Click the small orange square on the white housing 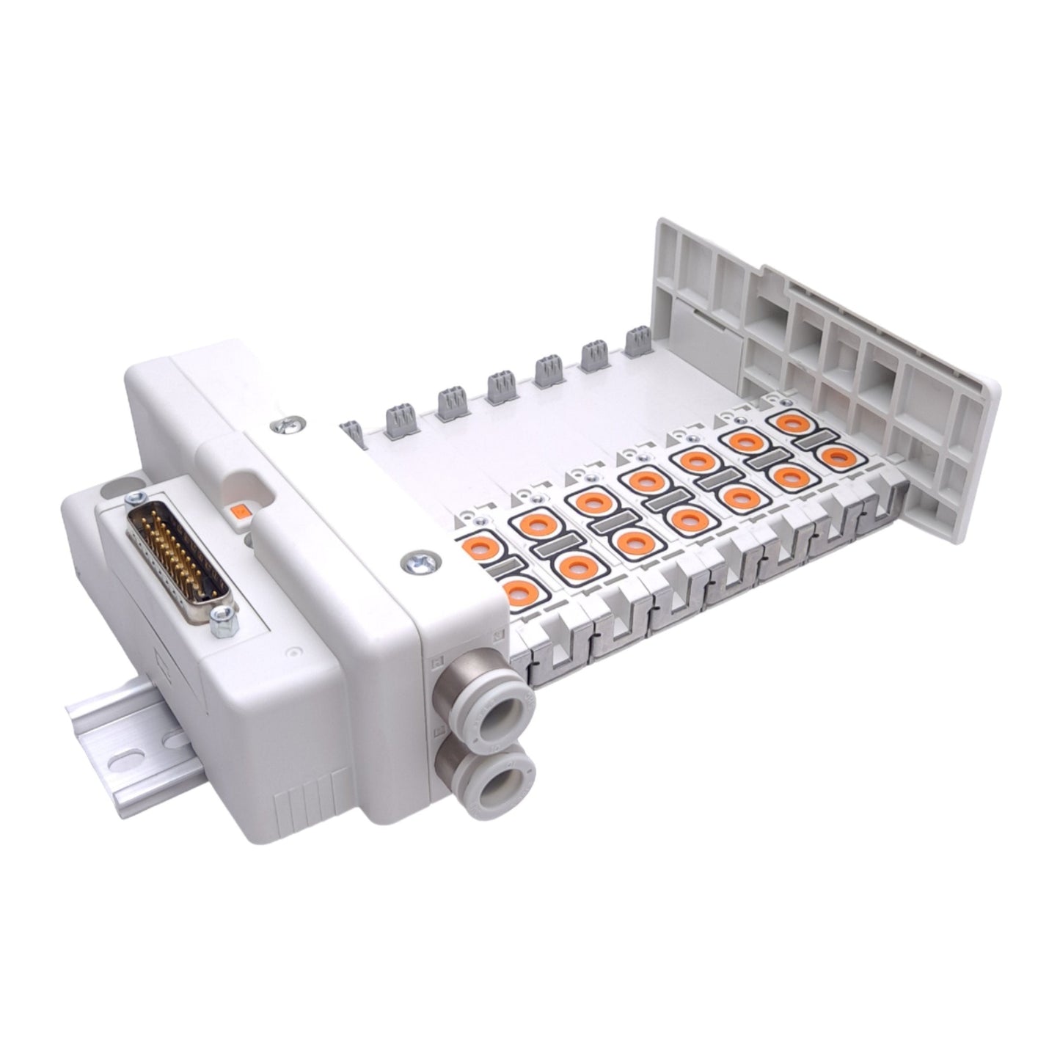point(239,512)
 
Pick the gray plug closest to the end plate point(639,342)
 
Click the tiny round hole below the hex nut point(294,651)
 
